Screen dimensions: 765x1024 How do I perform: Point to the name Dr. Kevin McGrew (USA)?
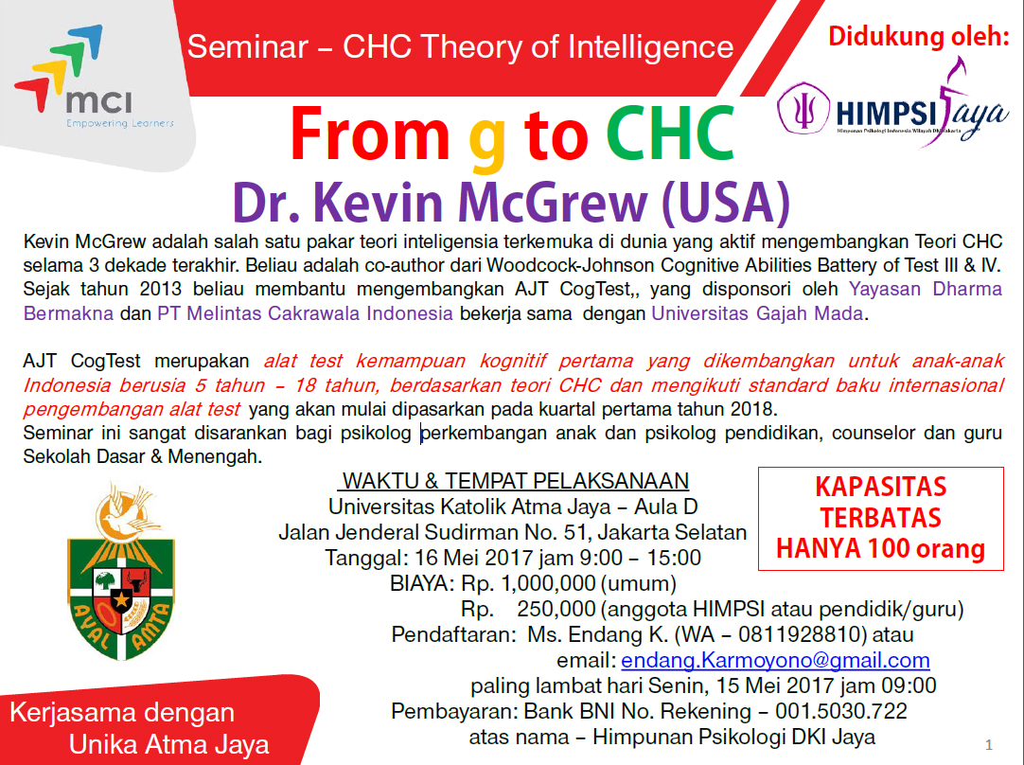(511, 200)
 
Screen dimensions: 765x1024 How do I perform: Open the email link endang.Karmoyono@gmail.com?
(775, 660)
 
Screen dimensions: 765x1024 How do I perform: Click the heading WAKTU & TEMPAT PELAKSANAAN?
(516, 480)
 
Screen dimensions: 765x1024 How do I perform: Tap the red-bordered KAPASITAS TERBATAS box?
(881, 518)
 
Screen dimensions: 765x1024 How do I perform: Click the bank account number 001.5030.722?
(840, 711)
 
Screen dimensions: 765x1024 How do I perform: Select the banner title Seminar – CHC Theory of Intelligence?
(460, 46)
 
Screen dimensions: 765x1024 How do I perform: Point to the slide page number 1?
(988, 743)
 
